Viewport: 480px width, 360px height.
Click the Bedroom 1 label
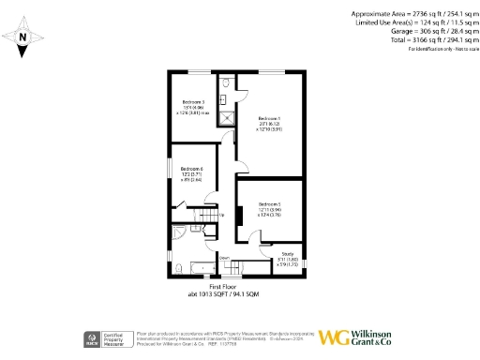pyautogui.click(x=269, y=118)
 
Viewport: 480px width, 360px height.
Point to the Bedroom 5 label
pyautogui.click(x=270, y=203)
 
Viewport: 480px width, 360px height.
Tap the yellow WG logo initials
pyautogui.click(x=333, y=337)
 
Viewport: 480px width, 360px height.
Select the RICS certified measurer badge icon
pyautogui.click(x=95, y=337)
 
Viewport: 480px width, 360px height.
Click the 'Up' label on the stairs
pyautogui.click(x=221, y=213)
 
